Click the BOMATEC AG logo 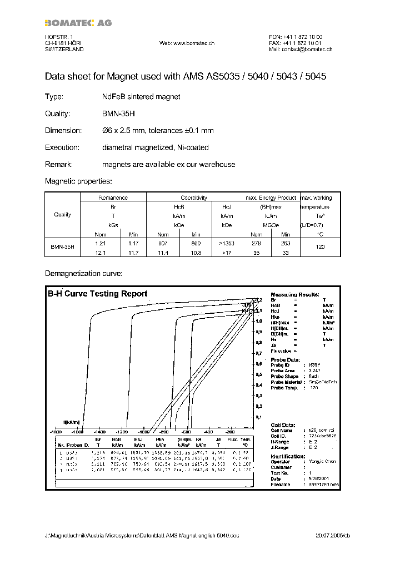(x=78, y=23)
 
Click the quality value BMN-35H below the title (x=118, y=113)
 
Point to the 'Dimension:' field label (x=63, y=130)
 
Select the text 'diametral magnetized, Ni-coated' (x=155, y=147)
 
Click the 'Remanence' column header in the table (x=113, y=197)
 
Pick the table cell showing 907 (x=163, y=243)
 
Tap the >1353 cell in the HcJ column (x=227, y=243)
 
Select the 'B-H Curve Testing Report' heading (x=97, y=294)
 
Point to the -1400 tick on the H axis (x=99, y=432)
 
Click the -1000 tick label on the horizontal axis (x=143, y=432)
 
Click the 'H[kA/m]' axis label (x=71, y=422)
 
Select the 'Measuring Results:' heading (x=294, y=294)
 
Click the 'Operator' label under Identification (x=281, y=461)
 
